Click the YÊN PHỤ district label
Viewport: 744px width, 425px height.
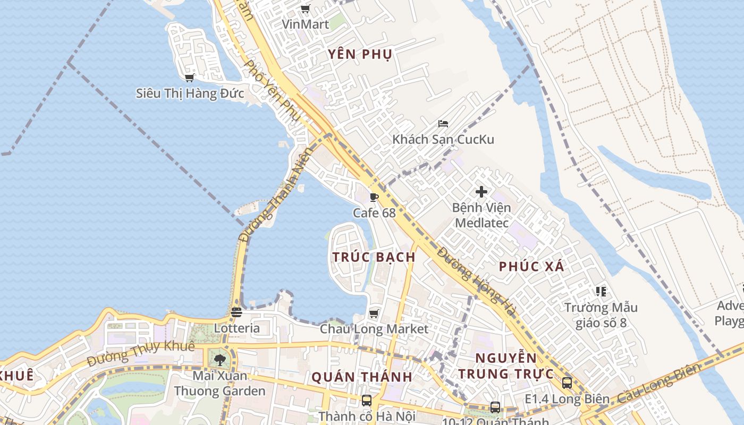pos(360,54)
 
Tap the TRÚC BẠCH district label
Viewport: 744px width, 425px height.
pos(374,257)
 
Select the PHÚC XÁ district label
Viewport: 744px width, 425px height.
pos(531,267)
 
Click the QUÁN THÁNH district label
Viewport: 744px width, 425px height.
pos(361,377)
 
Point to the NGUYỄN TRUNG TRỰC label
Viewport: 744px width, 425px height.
pos(506,366)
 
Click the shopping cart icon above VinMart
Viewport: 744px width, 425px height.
pos(305,9)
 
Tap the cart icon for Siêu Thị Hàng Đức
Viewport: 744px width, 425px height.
pos(189,78)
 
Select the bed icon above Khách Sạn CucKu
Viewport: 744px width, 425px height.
pos(443,124)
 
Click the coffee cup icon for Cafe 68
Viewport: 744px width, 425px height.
pos(374,198)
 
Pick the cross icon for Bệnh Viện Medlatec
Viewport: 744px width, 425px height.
pos(481,192)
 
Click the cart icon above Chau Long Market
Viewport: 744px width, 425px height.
pos(374,313)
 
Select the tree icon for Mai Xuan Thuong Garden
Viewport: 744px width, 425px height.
pos(219,360)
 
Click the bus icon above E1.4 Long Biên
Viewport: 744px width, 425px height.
pos(567,383)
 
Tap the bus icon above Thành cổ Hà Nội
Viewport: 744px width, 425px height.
pos(366,400)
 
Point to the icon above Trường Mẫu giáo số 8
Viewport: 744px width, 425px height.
pos(601,292)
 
